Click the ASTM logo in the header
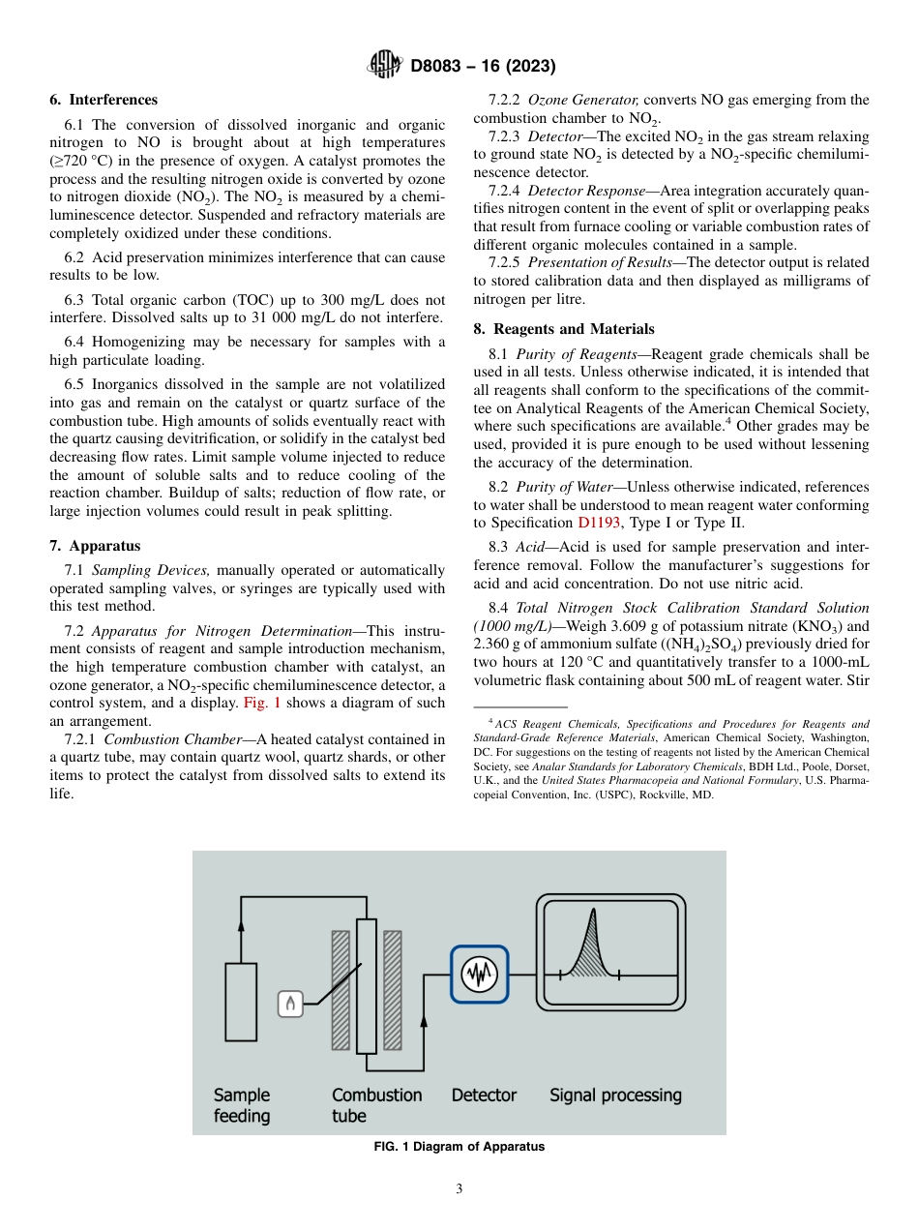(385, 66)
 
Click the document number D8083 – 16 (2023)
(483, 66)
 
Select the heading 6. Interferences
(104, 100)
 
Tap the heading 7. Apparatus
(95, 546)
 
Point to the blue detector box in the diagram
(479, 974)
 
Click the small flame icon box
(290, 1004)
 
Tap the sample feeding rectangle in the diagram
(241, 1002)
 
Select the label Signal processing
(615, 1096)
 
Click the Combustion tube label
(376, 1105)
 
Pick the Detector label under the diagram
(484, 1096)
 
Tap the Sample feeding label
(242, 1105)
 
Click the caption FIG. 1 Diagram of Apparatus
(459, 1147)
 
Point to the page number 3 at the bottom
(459, 1189)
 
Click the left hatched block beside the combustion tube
(341, 990)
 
